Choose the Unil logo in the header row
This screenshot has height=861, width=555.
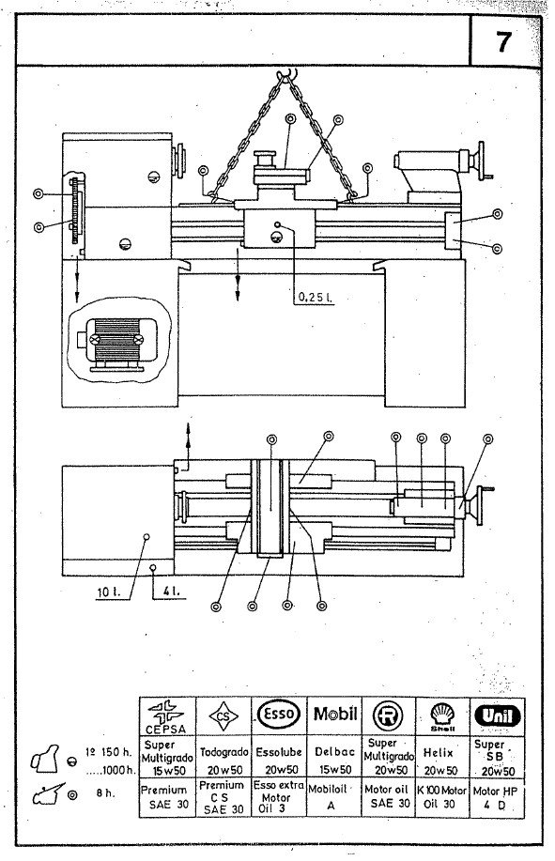[497, 715]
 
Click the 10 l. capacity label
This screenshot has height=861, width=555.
[104, 592]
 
